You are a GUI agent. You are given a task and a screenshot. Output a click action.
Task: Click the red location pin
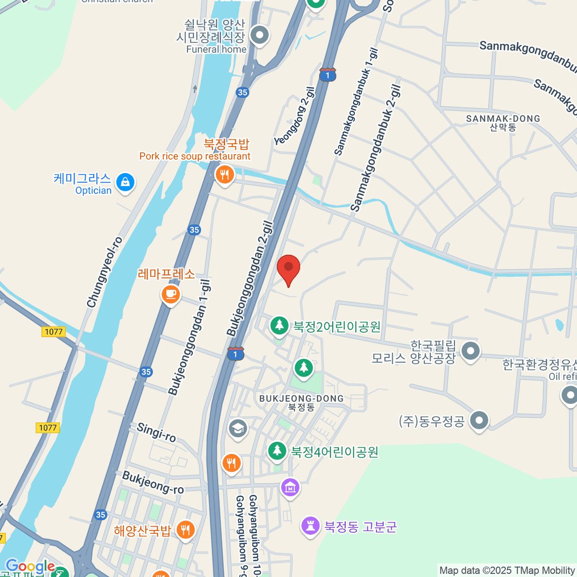[x=288, y=268]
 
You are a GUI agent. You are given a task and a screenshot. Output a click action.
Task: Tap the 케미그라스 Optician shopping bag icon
[x=125, y=183]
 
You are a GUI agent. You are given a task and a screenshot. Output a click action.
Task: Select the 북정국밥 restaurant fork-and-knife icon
[x=225, y=174]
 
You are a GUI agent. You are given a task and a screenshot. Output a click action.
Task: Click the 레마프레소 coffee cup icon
[x=171, y=293]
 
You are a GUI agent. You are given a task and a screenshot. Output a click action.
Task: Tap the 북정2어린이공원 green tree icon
[x=279, y=326]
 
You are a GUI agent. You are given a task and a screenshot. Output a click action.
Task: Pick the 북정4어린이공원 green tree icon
[x=276, y=451]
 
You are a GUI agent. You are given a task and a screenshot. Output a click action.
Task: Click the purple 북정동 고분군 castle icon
[x=311, y=526]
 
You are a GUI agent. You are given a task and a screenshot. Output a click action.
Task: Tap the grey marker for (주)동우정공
[x=479, y=420]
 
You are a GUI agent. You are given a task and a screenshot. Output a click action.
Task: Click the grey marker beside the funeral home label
[x=260, y=35]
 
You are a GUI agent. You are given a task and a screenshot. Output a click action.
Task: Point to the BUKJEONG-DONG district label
[x=301, y=399]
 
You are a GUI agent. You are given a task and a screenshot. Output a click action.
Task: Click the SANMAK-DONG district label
[x=503, y=119]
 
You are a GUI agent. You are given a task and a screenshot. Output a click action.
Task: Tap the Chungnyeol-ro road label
[x=105, y=272]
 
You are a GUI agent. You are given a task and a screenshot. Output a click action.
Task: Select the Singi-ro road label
[x=156, y=432]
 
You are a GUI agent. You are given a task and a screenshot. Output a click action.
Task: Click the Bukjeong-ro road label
[x=153, y=482]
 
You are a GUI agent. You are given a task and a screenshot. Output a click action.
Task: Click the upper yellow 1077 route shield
[x=53, y=332]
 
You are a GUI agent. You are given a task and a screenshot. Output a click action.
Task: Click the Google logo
[x=30, y=566]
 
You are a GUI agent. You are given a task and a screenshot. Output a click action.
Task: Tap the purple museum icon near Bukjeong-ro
[x=290, y=488]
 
